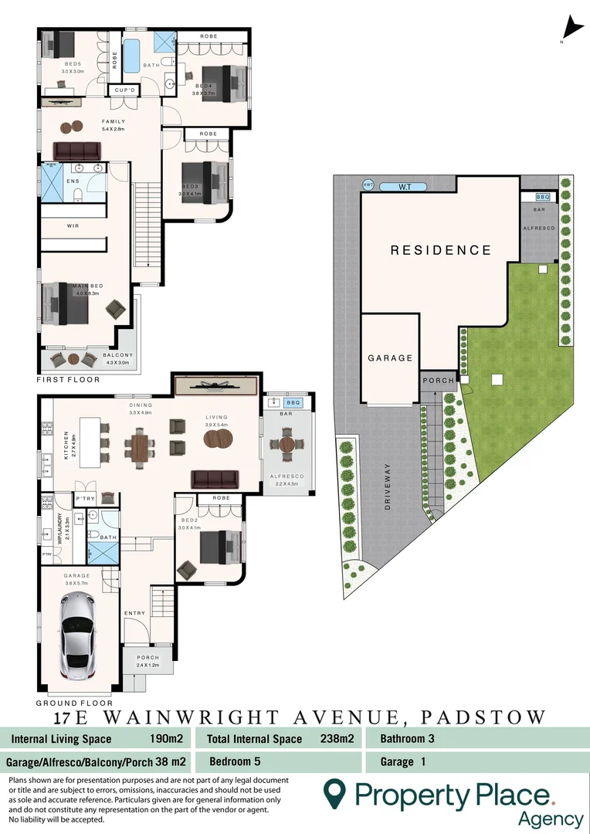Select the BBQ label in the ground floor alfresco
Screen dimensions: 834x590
coord(293,402)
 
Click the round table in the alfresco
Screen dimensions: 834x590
coord(287,446)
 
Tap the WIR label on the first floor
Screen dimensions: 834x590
coord(73,225)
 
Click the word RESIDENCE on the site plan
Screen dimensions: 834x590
coord(440,250)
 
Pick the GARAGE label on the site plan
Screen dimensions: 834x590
coord(390,358)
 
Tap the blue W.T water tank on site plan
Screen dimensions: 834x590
coord(404,187)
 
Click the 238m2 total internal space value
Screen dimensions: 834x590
coord(337,738)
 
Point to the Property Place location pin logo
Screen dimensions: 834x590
coord(334,793)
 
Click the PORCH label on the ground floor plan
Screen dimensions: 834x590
coord(147,659)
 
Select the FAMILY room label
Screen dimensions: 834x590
coord(114,122)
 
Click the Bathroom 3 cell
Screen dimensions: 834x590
coord(407,738)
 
